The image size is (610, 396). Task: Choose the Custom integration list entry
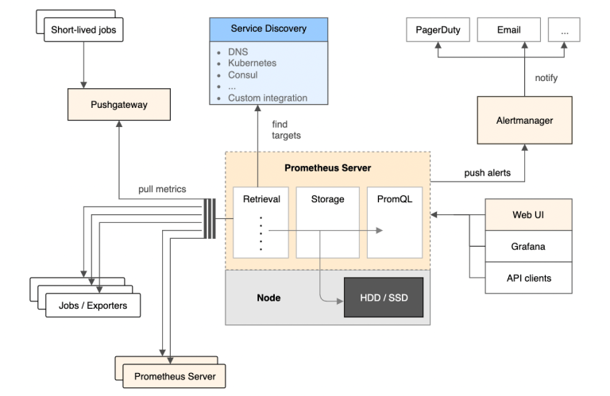(267, 98)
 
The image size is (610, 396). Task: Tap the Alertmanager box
(524, 120)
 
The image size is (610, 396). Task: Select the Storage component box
(327, 222)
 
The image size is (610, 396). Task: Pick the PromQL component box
(394, 222)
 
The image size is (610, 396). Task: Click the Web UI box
(528, 215)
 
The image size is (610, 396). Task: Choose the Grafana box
(528, 247)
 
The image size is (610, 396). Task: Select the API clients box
(528, 279)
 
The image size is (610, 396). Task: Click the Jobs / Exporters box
(92, 304)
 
